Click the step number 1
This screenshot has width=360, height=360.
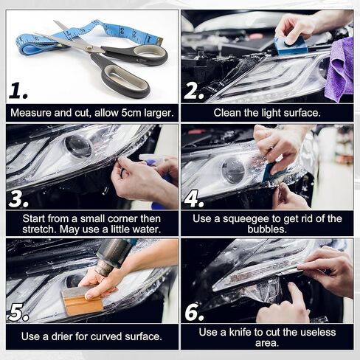point(18,91)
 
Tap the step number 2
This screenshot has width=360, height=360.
point(194,90)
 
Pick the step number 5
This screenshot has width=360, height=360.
point(18,314)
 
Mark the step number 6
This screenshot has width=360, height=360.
point(194,313)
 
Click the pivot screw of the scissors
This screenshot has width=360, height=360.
point(89,48)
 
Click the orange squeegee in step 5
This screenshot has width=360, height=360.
point(82,301)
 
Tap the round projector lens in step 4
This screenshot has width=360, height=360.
point(232,170)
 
